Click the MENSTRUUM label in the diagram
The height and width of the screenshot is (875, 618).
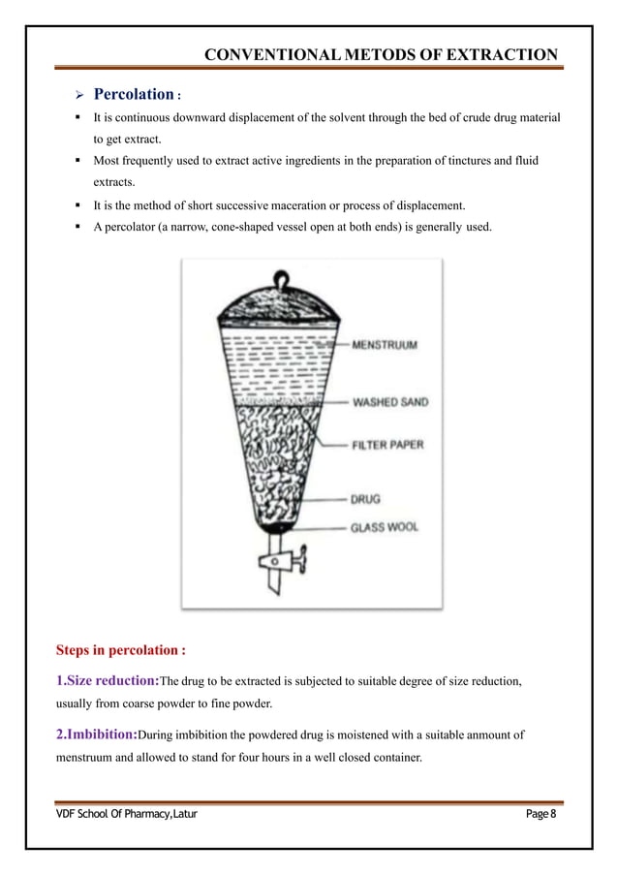(x=386, y=344)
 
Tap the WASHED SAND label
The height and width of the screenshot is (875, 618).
(x=390, y=402)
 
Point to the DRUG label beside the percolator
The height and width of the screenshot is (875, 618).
(x=365, y=499)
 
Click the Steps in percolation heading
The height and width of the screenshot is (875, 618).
(x=121, y=648)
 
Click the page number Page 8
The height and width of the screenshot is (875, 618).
(x=542, y=813)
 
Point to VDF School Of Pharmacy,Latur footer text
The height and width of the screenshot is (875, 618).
(x=125, y=813)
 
